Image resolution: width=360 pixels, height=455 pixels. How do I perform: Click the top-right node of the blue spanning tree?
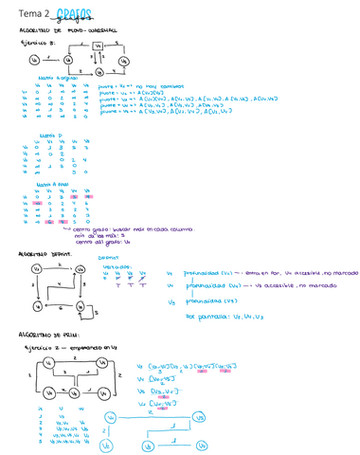pos(200,414)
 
